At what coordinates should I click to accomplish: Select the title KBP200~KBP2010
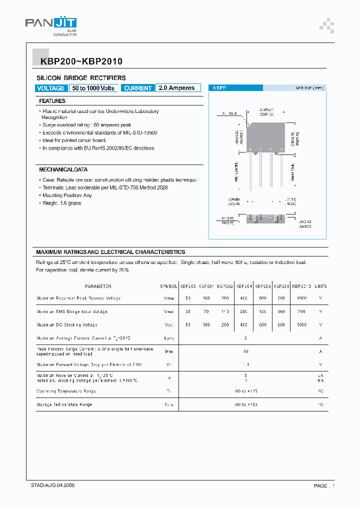coord(78,62)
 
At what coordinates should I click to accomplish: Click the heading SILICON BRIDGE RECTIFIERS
coord(81,78)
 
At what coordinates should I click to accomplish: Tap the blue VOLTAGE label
coord(51,88)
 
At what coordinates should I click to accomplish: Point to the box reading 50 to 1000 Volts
coord(93,88)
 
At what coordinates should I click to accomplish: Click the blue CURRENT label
coord(137,88)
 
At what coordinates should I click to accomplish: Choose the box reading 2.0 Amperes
coord(177,88)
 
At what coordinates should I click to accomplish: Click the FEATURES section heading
coord(52,101)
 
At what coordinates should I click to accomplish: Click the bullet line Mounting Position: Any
coord(67,195)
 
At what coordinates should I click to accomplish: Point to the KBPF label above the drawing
coord(220,88)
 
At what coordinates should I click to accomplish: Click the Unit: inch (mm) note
coord(309,88)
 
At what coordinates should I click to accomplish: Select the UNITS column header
coord(320,286)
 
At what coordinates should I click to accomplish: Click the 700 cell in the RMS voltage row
coord(301,311)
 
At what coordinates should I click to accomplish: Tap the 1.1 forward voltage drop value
coord(245,364)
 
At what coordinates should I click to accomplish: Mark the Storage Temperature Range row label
coord(64,404)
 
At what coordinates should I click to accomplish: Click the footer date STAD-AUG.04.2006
coord(53,485)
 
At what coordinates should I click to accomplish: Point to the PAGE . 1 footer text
coord(324,485)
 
